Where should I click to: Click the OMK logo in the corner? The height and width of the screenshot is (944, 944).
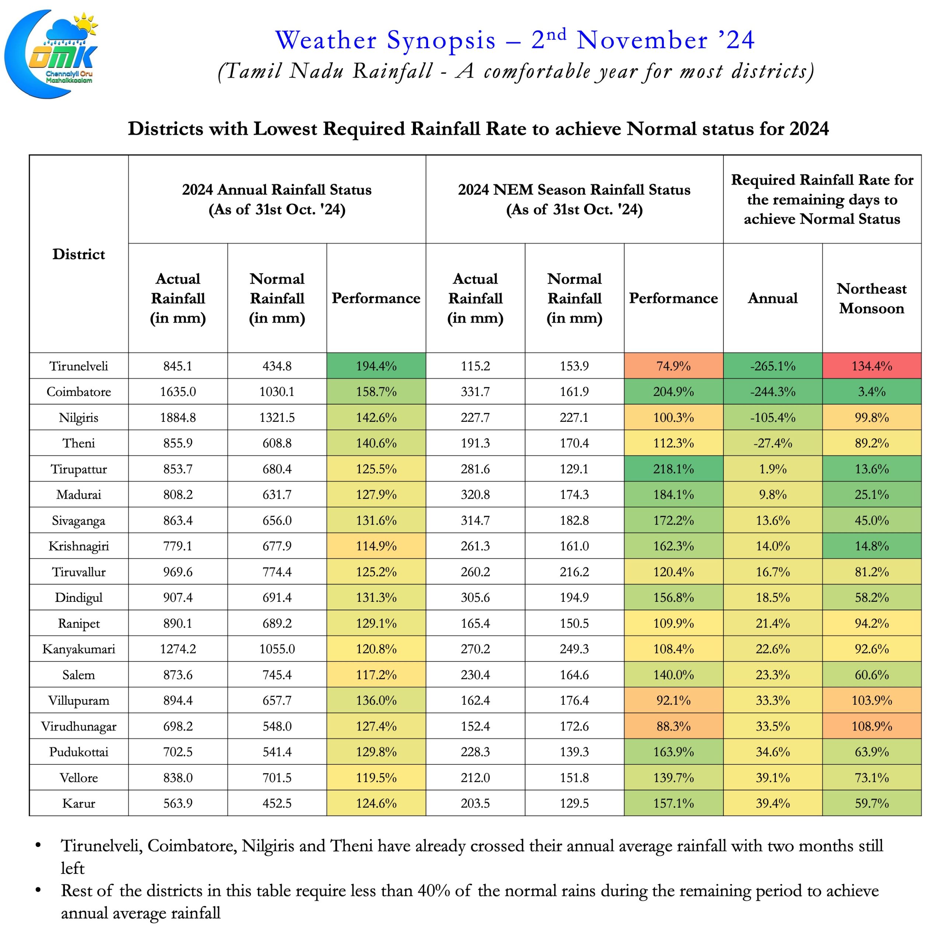[51, 54]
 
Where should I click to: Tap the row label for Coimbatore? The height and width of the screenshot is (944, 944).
[79, 392]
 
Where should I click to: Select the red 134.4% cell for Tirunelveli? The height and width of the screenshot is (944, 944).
[872, 366]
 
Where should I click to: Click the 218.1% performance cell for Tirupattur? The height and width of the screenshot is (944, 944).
[673, 469]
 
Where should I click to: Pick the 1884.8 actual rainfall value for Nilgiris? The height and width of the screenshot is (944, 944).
[178, 418]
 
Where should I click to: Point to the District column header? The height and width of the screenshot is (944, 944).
[79, 254]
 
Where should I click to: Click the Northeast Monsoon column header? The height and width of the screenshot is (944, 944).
[872, 299]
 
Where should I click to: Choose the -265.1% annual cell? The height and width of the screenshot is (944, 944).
[773, 366]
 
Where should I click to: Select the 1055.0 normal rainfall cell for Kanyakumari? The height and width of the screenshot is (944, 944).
[277, 649]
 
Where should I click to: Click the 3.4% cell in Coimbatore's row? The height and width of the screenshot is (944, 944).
[872, 392]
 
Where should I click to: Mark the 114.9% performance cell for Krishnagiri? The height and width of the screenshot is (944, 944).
[376, 546]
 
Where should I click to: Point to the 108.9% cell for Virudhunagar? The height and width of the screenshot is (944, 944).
[872, 726]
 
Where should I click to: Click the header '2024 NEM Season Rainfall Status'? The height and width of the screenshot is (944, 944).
[574, 190]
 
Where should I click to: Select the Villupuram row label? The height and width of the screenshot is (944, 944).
[79, 701]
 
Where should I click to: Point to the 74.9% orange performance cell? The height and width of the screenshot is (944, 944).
[673, 366]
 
